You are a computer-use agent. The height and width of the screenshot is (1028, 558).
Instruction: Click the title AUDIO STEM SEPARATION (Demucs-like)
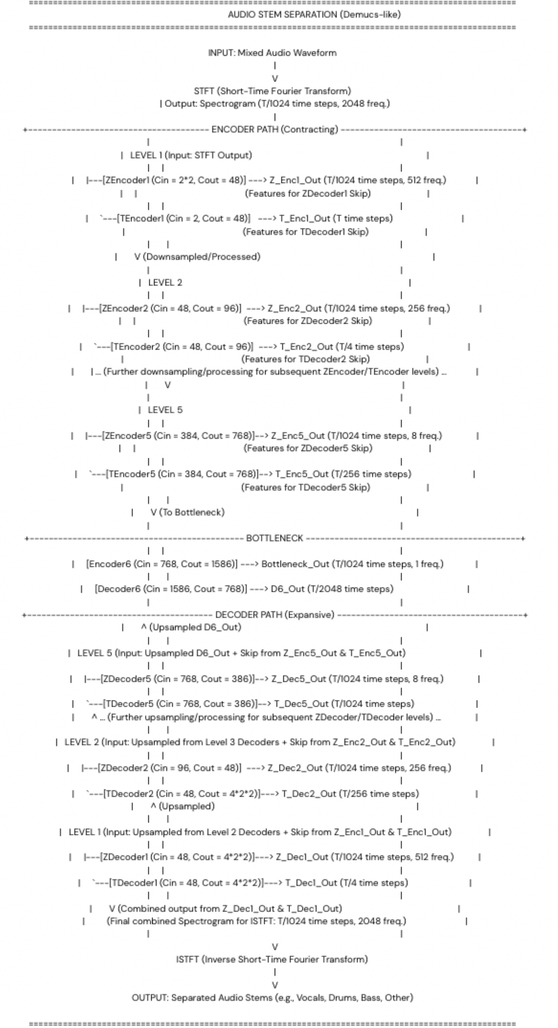(x=314, y=15)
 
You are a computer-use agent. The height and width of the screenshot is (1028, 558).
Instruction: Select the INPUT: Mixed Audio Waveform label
(x=272, y=53)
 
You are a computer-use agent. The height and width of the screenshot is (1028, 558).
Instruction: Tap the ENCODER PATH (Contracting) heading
(x=275, y=130)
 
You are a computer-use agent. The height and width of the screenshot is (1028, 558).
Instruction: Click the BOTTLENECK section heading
(x=274, y=538)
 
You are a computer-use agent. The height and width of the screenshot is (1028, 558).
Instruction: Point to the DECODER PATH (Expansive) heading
(x=275, y=615)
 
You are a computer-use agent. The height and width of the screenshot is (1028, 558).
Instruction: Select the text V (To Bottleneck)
(x=187, y=513)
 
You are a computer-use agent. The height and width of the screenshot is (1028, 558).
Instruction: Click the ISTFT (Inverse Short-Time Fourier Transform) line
(x=272, y=959)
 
